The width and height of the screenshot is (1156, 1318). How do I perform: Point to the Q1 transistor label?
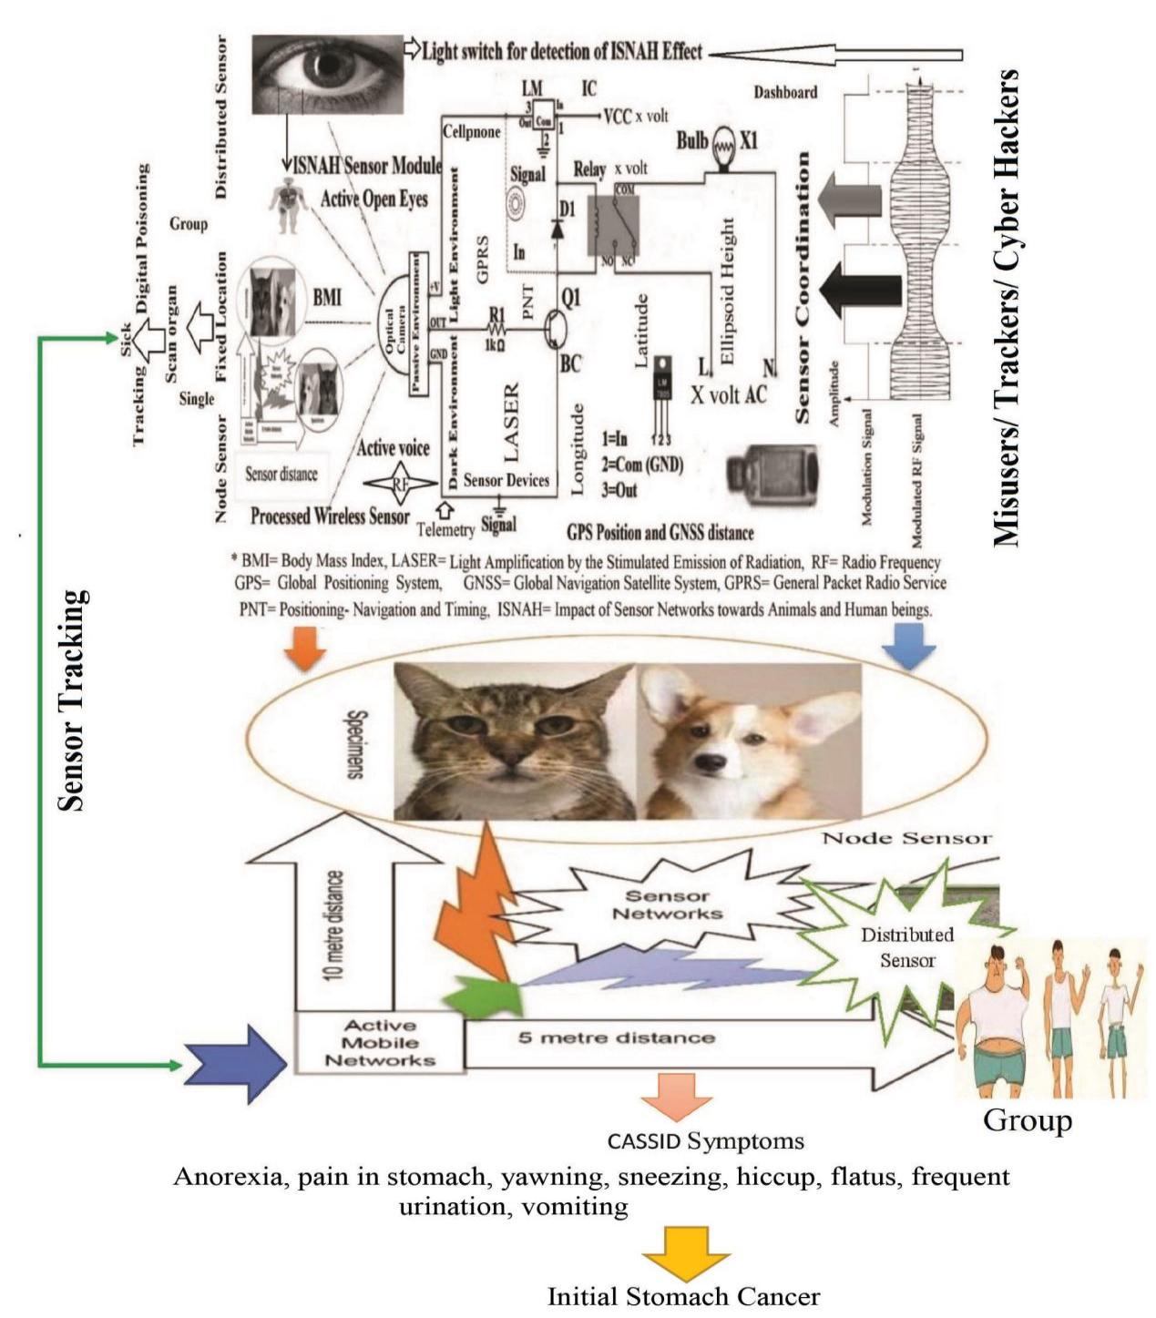570,297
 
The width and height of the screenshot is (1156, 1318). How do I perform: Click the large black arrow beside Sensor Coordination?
860,290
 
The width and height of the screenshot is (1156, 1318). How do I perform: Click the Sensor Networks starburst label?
668,904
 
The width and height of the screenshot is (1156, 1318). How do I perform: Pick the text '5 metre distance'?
617,1037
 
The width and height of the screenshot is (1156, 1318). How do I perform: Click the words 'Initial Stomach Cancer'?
683,1297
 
